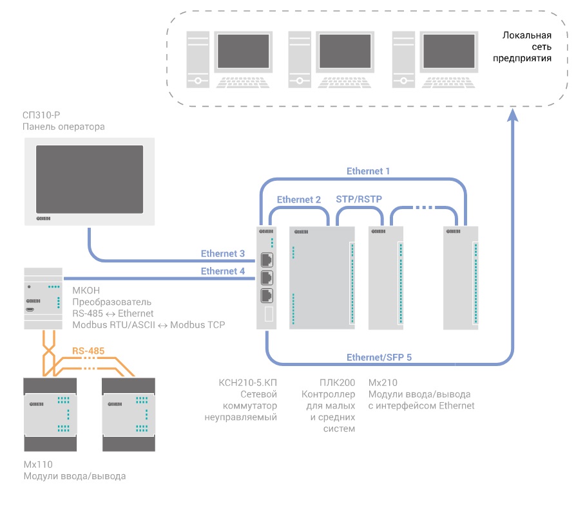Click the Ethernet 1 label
click(368, 171)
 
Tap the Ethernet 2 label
click(298, 199)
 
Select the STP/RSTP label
click(359, 199)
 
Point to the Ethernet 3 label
click(223, 253)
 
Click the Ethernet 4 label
click(223, 271)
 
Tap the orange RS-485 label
click(88, 351)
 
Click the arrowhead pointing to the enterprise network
click(513, 115)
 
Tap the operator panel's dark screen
click(89, 178)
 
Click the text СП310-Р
click(41, 115)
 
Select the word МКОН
click(86, 290)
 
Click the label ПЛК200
click(336, 382)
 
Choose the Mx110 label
click(38, 465)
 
